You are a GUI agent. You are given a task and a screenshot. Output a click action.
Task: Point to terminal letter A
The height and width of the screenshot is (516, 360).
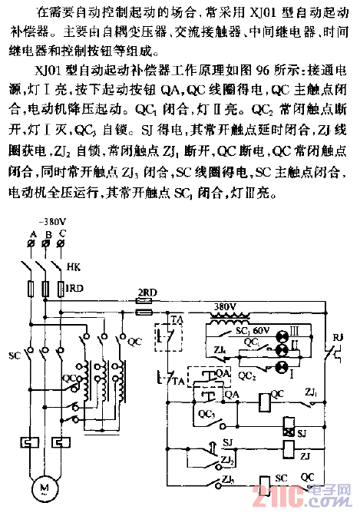pos(32,233)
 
